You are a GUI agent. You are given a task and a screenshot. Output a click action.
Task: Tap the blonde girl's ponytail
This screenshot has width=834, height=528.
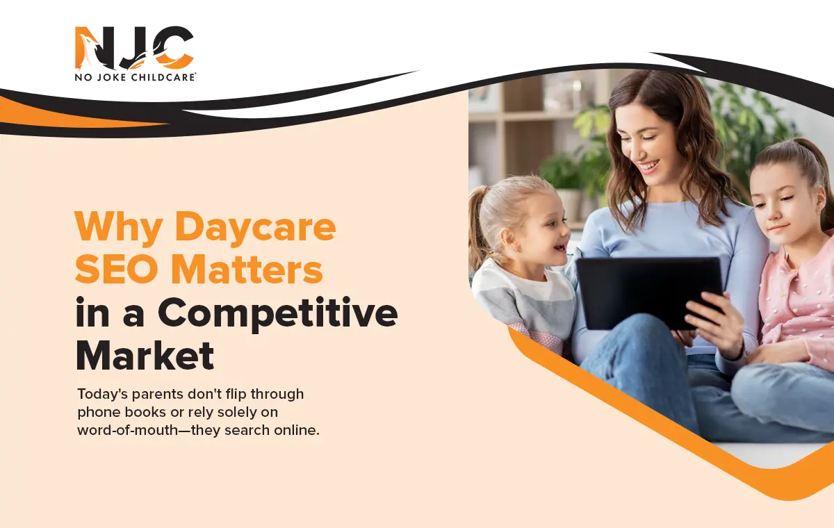[477, 229]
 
